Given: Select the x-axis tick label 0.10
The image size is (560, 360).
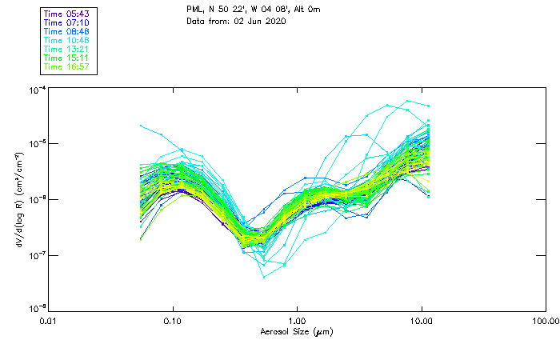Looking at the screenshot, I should pyautogui.click(x=173, y=321).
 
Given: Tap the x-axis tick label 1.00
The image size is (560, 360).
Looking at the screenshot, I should pyautogui.click(x=297, y=321).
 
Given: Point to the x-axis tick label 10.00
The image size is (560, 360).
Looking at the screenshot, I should pyautogui.click(x=422, y=321).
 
